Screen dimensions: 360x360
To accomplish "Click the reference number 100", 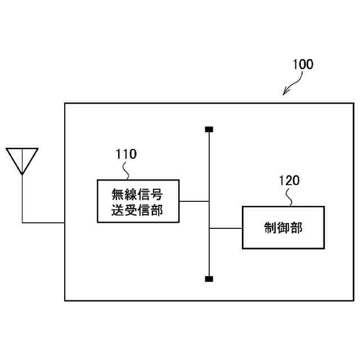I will click(x=303, y=64).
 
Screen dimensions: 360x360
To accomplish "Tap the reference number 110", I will click(x=126, y=153).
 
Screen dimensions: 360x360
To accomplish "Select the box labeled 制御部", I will click(x=283, y=227).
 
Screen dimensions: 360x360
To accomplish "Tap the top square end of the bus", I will click(x=209, y=130).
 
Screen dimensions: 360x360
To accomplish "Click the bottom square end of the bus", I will click(x=209, y=278).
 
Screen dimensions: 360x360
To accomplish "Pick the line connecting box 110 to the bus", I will click(x=193, y=201).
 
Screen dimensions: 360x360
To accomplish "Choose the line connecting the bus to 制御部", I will click(x=226, y=228).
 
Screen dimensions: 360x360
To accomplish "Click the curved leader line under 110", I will click(x=130, y=170).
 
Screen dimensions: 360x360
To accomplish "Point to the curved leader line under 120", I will click(x=291, y=197).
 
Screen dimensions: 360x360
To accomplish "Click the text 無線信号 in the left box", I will click(x=138, y=195).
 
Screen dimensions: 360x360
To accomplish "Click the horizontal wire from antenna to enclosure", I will click(x=43, y=223).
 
